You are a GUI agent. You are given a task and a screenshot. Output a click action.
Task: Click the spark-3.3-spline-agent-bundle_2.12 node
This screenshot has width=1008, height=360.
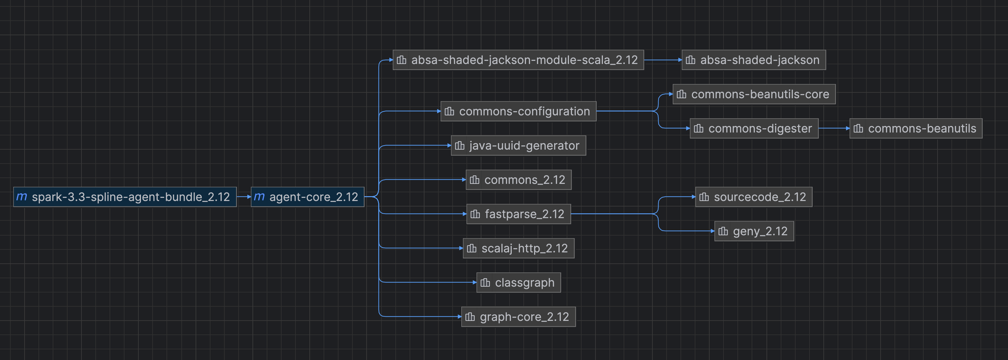pyautogui.click(x=125, y=197)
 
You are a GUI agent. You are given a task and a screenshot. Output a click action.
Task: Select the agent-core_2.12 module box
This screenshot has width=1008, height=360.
pyautogui.click(x=307, y=197)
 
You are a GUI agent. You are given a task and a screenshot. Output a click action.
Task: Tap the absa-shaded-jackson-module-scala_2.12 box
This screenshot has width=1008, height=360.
pyautogui.click(x=518, y=60)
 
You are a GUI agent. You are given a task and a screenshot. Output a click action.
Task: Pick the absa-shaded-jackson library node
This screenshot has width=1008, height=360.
pyautogui.click(x=754, y=60)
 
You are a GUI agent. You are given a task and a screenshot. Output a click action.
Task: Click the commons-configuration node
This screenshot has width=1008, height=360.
pyautogui.click(x=519, y=111)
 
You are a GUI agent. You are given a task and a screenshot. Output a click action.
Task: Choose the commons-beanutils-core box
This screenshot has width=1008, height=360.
pyautogui.click(x=754, y=94)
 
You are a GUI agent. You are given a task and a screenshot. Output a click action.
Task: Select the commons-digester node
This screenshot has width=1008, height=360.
pyautogui.click(x=754, y=128)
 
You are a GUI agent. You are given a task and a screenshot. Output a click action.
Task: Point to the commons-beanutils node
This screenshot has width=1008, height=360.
pyautogui.click(x=916, y=128)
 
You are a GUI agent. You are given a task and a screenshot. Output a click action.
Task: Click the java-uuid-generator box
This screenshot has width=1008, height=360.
pyautogui.click(x=519, y=145)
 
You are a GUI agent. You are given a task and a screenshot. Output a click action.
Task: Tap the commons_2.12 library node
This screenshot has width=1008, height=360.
pyautogui.click(x=519, y=180)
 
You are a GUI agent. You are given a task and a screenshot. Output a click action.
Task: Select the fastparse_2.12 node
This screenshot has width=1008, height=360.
pyautogui.click(x=519, y=214)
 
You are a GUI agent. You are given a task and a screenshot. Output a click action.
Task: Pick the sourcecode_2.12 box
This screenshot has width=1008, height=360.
pyautogui.click(x=754, y=197)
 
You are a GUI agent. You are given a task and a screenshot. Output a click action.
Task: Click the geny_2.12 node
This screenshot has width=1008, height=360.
pyautogui.click(x=754, y=231)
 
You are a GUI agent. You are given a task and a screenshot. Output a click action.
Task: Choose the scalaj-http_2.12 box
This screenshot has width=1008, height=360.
pyautogui.click(x=519, y=249)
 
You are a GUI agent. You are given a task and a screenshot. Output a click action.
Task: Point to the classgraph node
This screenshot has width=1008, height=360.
pyautogui.click(x=519, y=282)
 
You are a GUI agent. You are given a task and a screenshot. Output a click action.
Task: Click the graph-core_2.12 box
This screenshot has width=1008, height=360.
pyautogui.click(x=519, y=317)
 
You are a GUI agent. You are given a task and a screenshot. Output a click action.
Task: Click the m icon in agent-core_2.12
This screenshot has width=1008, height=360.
pyautogui.click(x=259, y=196)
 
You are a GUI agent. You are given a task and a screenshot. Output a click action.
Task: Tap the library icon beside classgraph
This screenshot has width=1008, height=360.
pyautogui.click(x=485, y=282)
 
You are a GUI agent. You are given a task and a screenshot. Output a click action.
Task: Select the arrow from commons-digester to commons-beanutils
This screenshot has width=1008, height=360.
pyautogui.click(x=834, y=128)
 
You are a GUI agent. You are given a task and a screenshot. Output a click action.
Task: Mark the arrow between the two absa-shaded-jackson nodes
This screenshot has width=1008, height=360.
pyautogui.click(x=662, y=60)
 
